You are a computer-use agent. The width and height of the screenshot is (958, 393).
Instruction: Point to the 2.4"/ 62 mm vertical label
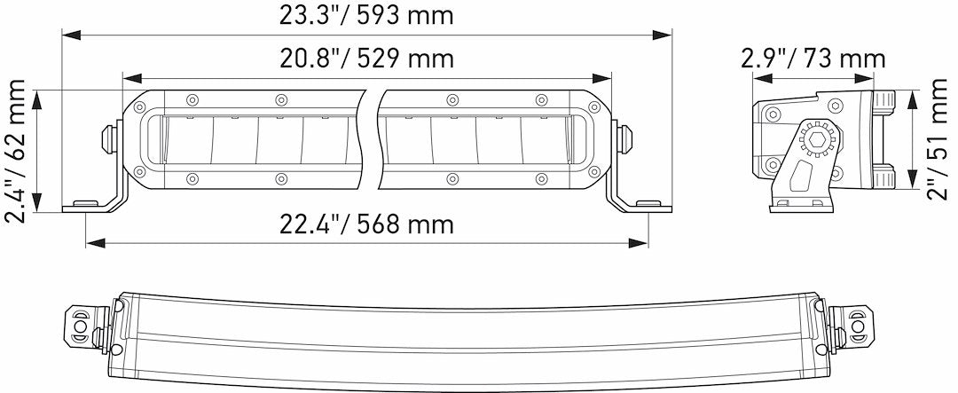[15, 151]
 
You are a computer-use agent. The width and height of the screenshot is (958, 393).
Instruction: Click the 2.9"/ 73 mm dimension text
[813, 59]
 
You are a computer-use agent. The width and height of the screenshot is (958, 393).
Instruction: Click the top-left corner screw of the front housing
[140, 106]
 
